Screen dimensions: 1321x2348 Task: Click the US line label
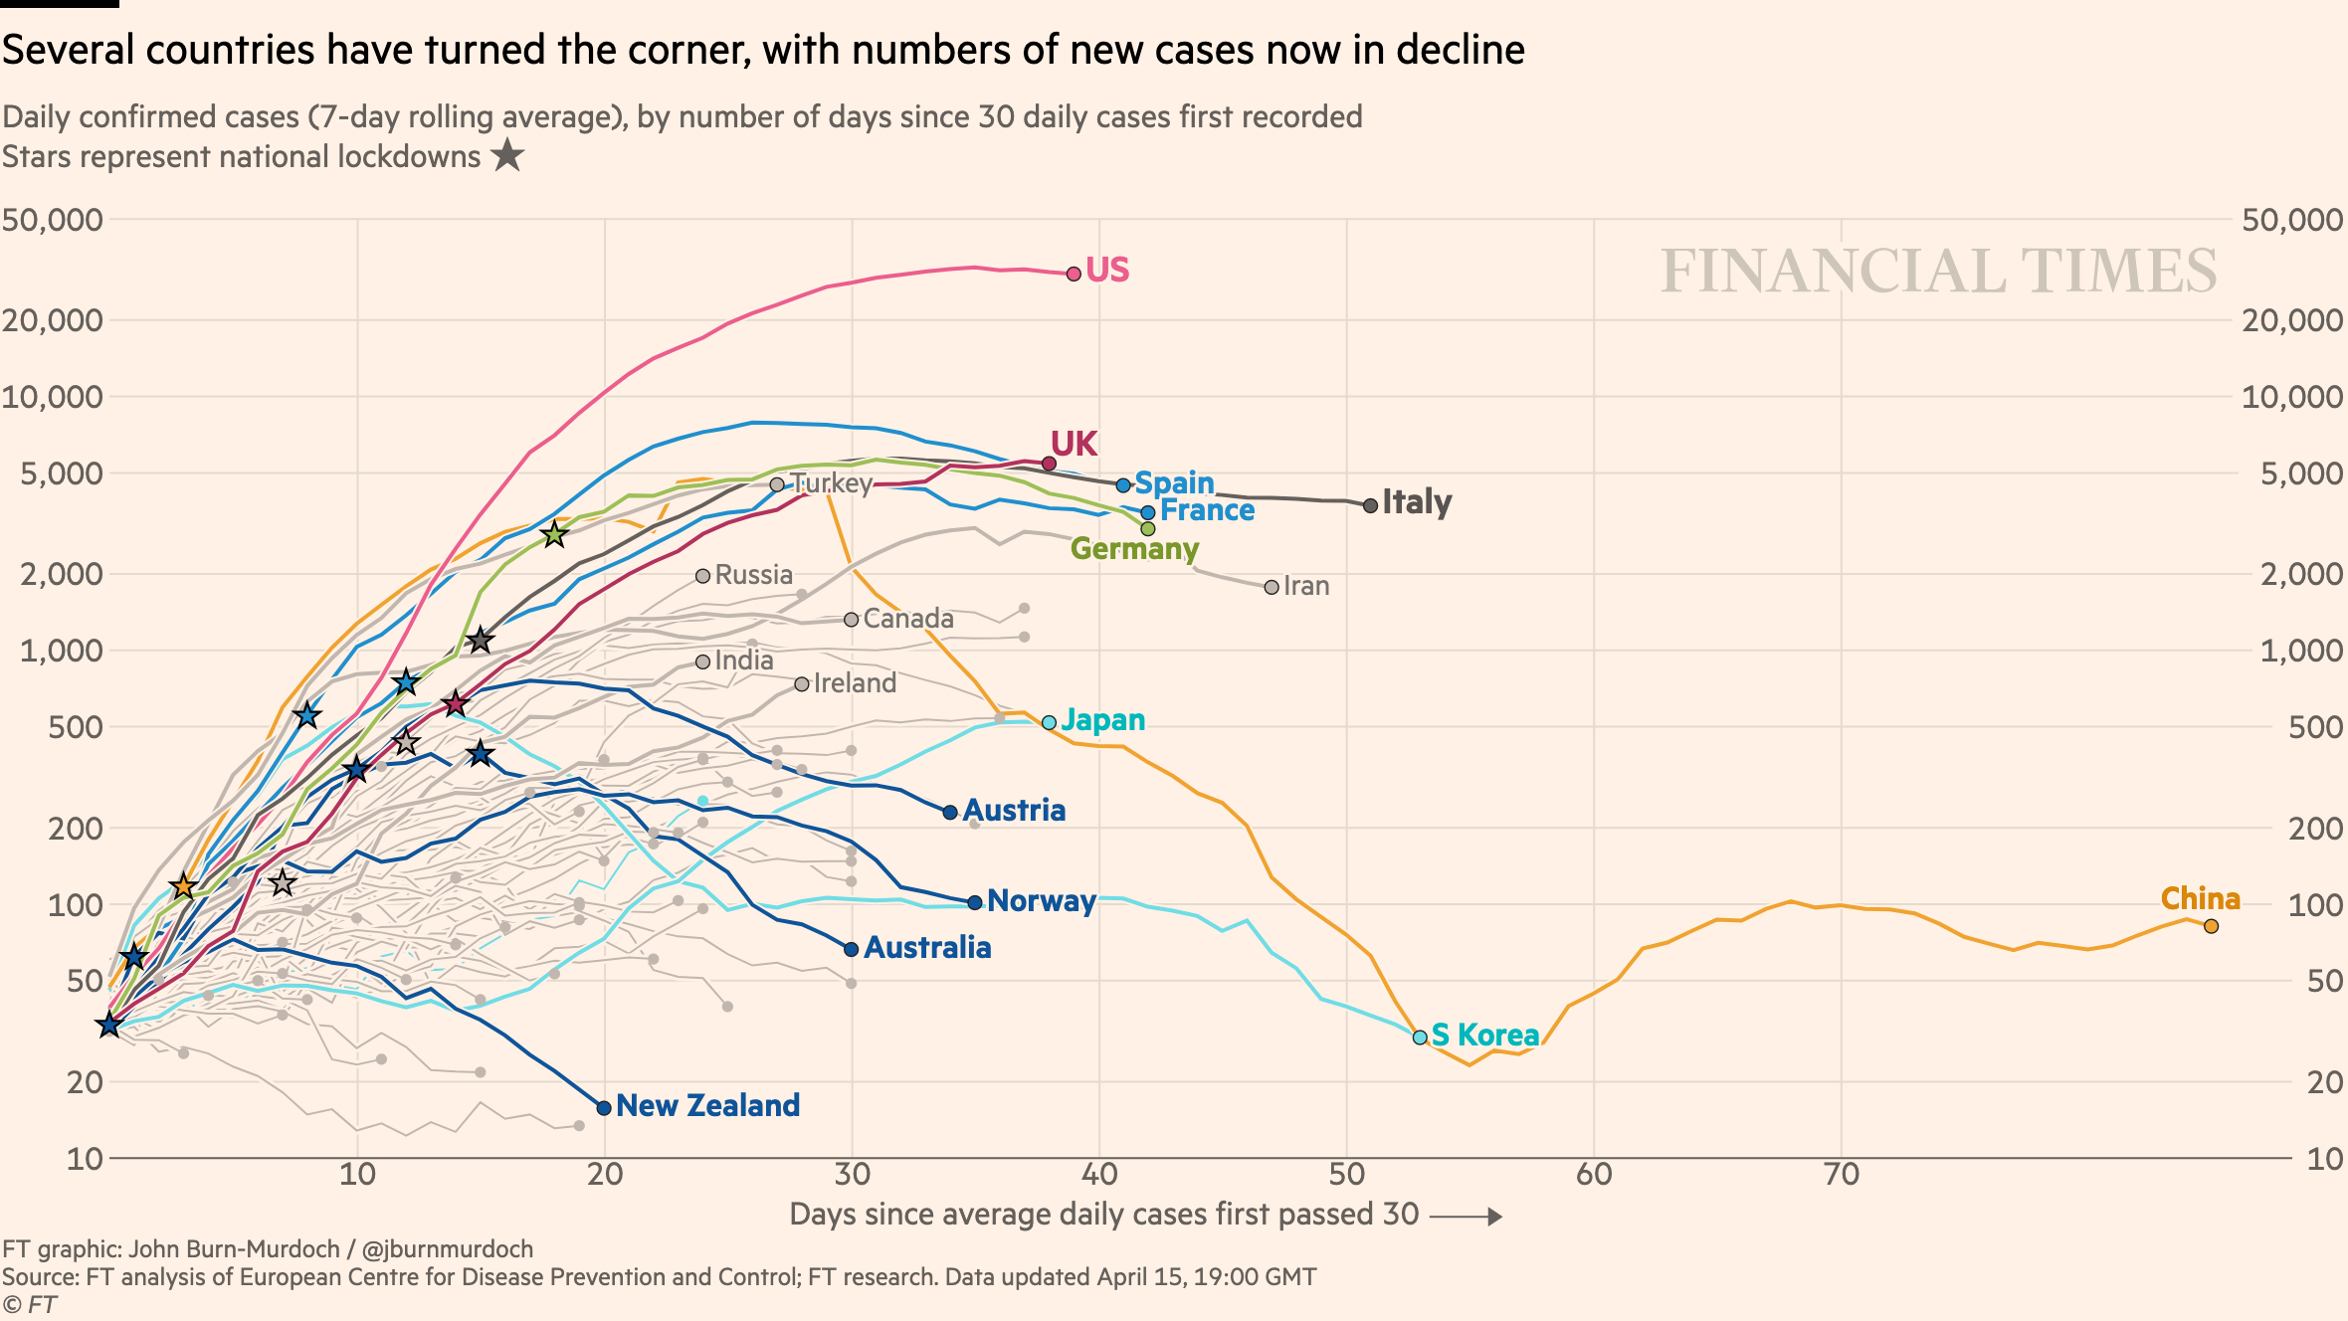pos(1107,270)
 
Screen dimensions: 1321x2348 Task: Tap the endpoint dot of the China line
pos(2211,926)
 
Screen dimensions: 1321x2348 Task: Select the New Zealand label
pos(707,1105)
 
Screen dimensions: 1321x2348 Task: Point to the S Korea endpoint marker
pos(1420,1037)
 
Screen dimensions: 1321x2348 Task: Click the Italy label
pos(1417,501)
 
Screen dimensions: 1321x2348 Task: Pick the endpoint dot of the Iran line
pos(1272,587)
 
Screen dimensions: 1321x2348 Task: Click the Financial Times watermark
pos(1938,271)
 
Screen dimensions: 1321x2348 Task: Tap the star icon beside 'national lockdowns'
pos(508,155)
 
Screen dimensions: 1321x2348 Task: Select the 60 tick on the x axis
pos(1594,1175)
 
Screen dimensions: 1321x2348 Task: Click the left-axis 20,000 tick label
pos(53,320)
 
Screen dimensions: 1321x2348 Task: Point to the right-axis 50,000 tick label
pos(2292,220)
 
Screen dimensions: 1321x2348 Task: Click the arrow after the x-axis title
pos(1467,1217)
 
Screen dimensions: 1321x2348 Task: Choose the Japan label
pos(1103,719)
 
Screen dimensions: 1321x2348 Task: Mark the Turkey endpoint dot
pos(777,484)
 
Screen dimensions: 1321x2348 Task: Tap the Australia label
pos(927,947)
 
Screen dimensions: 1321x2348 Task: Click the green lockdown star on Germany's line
pos(554,535)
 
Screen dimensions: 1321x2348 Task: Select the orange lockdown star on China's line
pos(183,886)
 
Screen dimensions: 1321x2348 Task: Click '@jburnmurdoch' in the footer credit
pos(448,1249)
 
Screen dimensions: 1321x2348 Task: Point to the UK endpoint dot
pos(1049,464)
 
